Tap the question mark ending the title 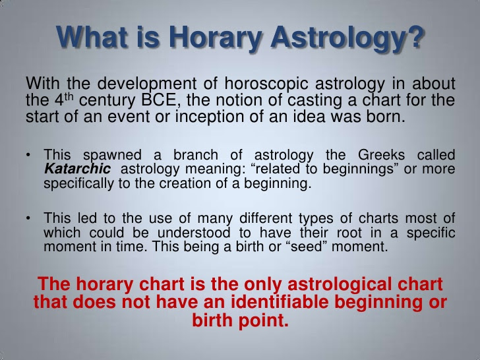tap(415, 36)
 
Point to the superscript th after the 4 tap(69, 97)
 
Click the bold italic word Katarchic tap(77, 169)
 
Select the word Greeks tap(381, 155)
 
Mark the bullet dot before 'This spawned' tap(28, 155)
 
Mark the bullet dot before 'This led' tap(28, 218)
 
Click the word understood tap(194, 233)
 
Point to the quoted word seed tap(307, 247)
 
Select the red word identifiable tap(280, 302)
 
